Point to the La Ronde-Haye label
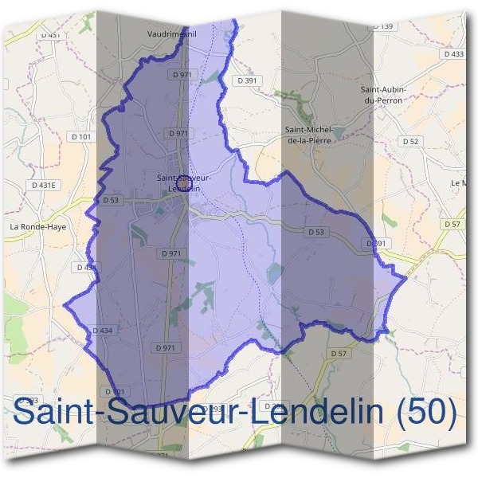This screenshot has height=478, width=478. (x=36, y=226)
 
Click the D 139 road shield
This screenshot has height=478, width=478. (x=383, y=26)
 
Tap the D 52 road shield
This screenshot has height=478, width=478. (x=410, y=141)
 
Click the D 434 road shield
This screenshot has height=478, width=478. (x=103, y=330)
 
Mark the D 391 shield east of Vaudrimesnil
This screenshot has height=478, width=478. (x=245, y=80)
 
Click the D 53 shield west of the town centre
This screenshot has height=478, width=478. (x=110, y=200)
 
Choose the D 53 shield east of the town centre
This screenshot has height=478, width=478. (x=316, y=232)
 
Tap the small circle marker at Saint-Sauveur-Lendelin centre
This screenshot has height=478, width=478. (x=183, y=187)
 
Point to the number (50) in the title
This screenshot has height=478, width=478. (x=427, y=413)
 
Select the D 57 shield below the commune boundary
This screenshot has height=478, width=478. (x=338, y=353)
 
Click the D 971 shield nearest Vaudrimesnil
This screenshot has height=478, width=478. (x=182, y=74)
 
